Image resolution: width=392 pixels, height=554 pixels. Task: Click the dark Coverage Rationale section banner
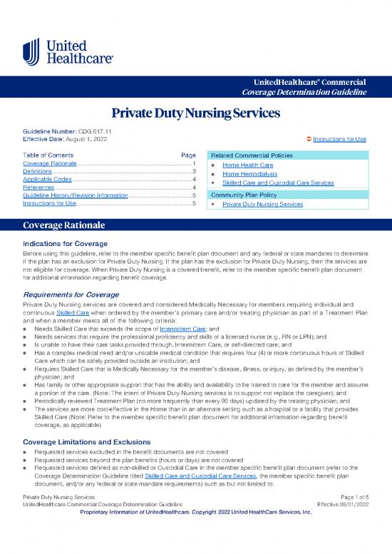coord(195,225)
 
